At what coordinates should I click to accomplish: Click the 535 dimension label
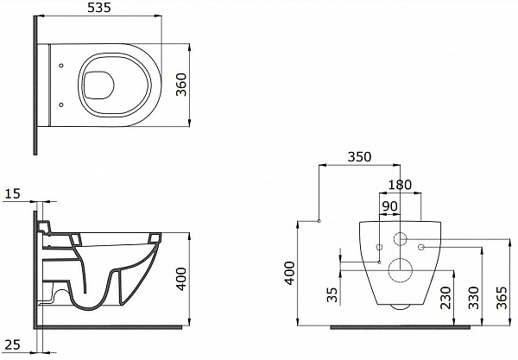98,8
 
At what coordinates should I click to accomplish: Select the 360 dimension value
181,85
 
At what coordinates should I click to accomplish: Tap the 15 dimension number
13,193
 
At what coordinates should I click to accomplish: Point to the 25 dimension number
13,344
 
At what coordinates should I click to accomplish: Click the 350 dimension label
359,157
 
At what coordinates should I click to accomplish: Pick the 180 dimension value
400,185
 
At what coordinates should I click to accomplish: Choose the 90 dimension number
390,206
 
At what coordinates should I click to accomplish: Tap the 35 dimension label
332,294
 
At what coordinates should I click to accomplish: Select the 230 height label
445,298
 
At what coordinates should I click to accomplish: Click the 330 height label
473,298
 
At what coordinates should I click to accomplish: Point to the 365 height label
502,298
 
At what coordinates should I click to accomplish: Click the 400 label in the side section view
181,279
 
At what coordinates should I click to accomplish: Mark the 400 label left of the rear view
290,273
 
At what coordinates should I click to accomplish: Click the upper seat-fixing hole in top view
61,66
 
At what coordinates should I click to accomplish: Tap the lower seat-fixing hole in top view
61,104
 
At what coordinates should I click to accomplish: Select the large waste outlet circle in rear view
401,270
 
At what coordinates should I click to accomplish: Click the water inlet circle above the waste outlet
401,239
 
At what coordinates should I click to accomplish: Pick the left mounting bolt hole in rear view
379,247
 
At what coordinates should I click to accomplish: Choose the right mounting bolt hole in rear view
421,247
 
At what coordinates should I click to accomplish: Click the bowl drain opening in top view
98,85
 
